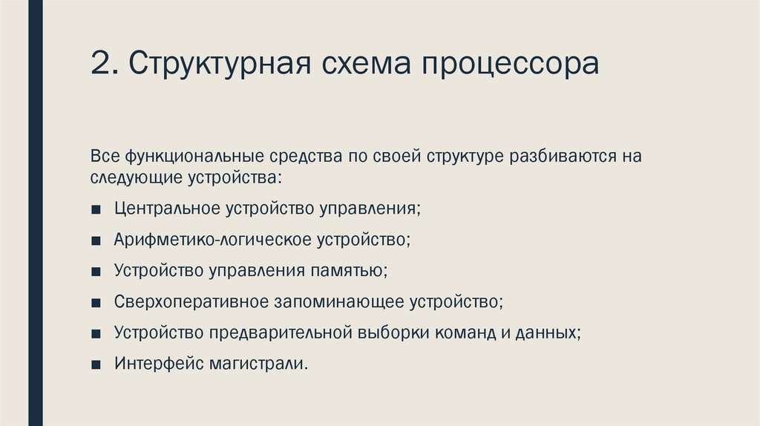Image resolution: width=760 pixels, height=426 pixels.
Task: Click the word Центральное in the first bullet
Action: point(163,209)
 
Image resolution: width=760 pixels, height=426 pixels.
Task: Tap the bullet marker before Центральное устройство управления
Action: point(96,209)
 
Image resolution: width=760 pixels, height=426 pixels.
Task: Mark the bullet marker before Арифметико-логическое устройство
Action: point(96,240)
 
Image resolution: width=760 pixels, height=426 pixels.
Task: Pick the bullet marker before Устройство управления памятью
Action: point(96,272)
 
